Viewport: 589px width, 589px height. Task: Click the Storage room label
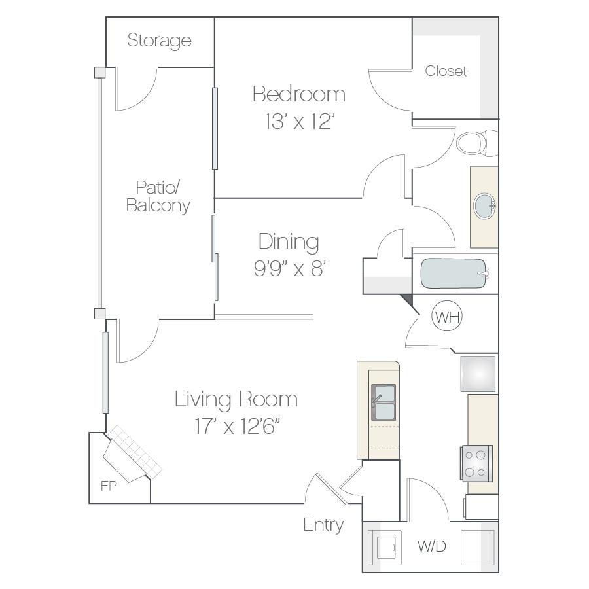(159, 41)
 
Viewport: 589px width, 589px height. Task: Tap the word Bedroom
(299, 94)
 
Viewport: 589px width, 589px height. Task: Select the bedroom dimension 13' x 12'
(299, 121)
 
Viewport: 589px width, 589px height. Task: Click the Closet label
(446, 71)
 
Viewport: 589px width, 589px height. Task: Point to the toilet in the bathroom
(476, 143)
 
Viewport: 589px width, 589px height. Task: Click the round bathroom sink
(484, 206)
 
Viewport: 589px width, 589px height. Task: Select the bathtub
(454, 273)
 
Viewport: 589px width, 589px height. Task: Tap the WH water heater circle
(447, 316)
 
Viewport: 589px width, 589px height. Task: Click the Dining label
(289, 242)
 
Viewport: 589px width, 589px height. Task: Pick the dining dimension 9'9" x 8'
(290, 268)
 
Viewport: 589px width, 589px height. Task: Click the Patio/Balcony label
(158, 196)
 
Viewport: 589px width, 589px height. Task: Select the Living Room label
(236, 399)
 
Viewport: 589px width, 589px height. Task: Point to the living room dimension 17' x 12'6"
(238, 426)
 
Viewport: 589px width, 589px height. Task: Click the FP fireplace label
(109, 486)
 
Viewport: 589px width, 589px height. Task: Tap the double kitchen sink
(383, 402)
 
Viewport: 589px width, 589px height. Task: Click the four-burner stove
(476, 463)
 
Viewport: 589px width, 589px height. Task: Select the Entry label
(323, 525)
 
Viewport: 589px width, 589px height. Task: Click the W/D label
(432, 546)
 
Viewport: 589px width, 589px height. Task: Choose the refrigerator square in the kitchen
(478, 374)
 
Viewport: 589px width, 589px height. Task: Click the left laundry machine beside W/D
(384, 547)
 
